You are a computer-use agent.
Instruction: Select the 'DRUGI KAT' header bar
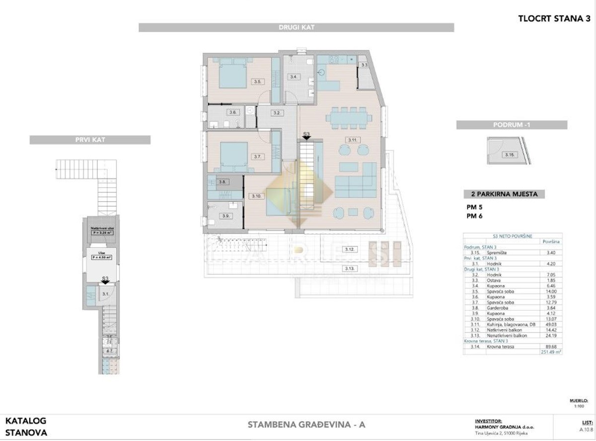pyautogui.click(x=296, y=27)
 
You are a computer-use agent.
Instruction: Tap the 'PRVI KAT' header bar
pyautogui.click(x=90, y=140)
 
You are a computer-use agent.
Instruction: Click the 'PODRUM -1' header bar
pyautogui.click(x=512, y=125)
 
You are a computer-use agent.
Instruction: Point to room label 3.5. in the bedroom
pyautogui.click(x=257, y=82)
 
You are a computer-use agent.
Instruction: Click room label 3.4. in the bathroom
pyautogui.click(x=294, y=77)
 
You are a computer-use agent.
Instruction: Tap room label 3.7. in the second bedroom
pyautogui.click(x=257, y=156)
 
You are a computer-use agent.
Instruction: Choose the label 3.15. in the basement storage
pyautogui.click(x=509, y=155)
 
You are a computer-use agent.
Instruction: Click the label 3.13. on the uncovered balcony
pyautogui.click(x=351, y=268)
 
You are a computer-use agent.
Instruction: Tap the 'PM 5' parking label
pyautogui.click(x=472, y=206)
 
